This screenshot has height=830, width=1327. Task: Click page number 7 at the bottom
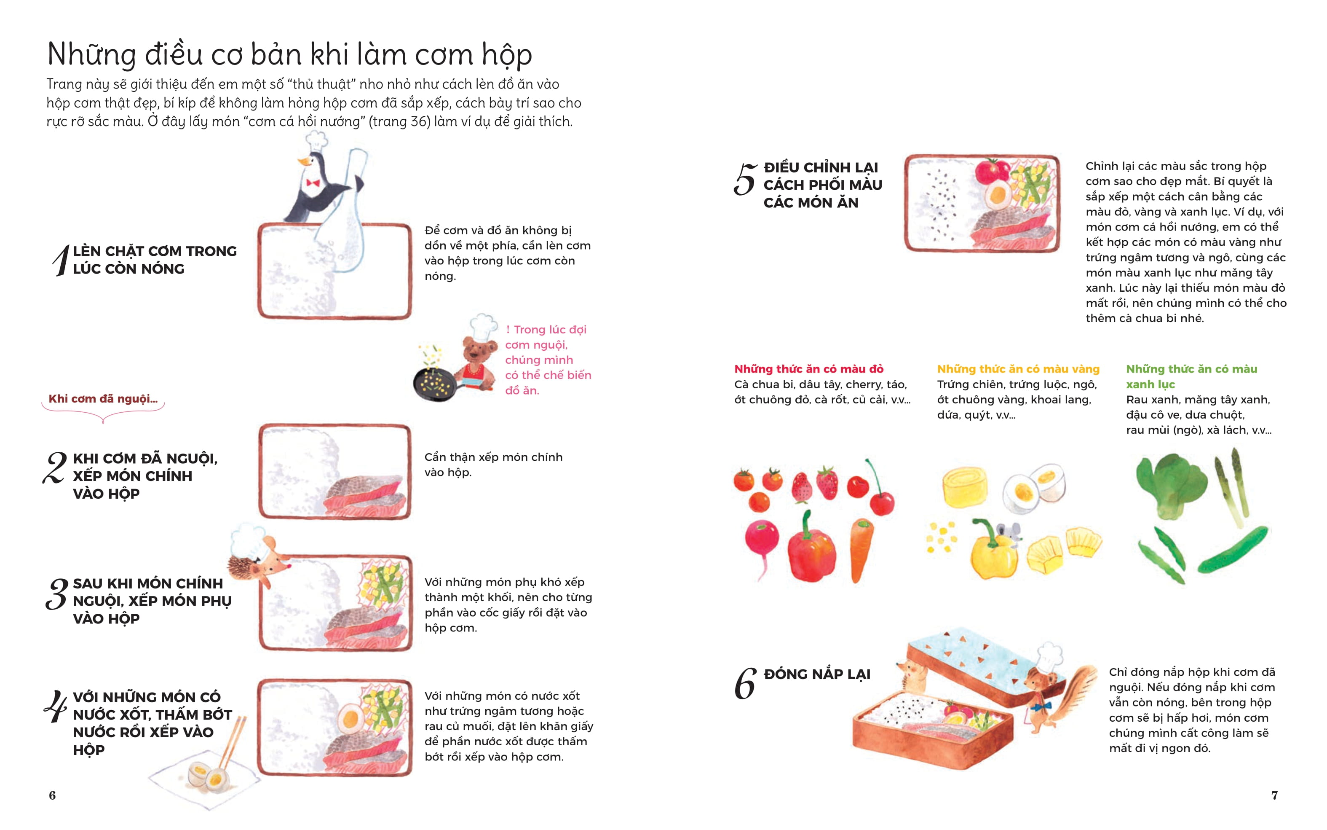point(1274,795)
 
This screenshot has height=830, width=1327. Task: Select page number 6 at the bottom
point(52,795)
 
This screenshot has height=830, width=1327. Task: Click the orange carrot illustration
point(861,549)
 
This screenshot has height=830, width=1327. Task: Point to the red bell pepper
point(811,552)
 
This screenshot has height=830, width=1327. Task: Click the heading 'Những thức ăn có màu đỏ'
point(808,369)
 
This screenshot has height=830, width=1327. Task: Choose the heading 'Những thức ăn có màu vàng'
point(1018,369)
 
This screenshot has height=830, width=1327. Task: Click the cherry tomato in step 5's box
point(992,171)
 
